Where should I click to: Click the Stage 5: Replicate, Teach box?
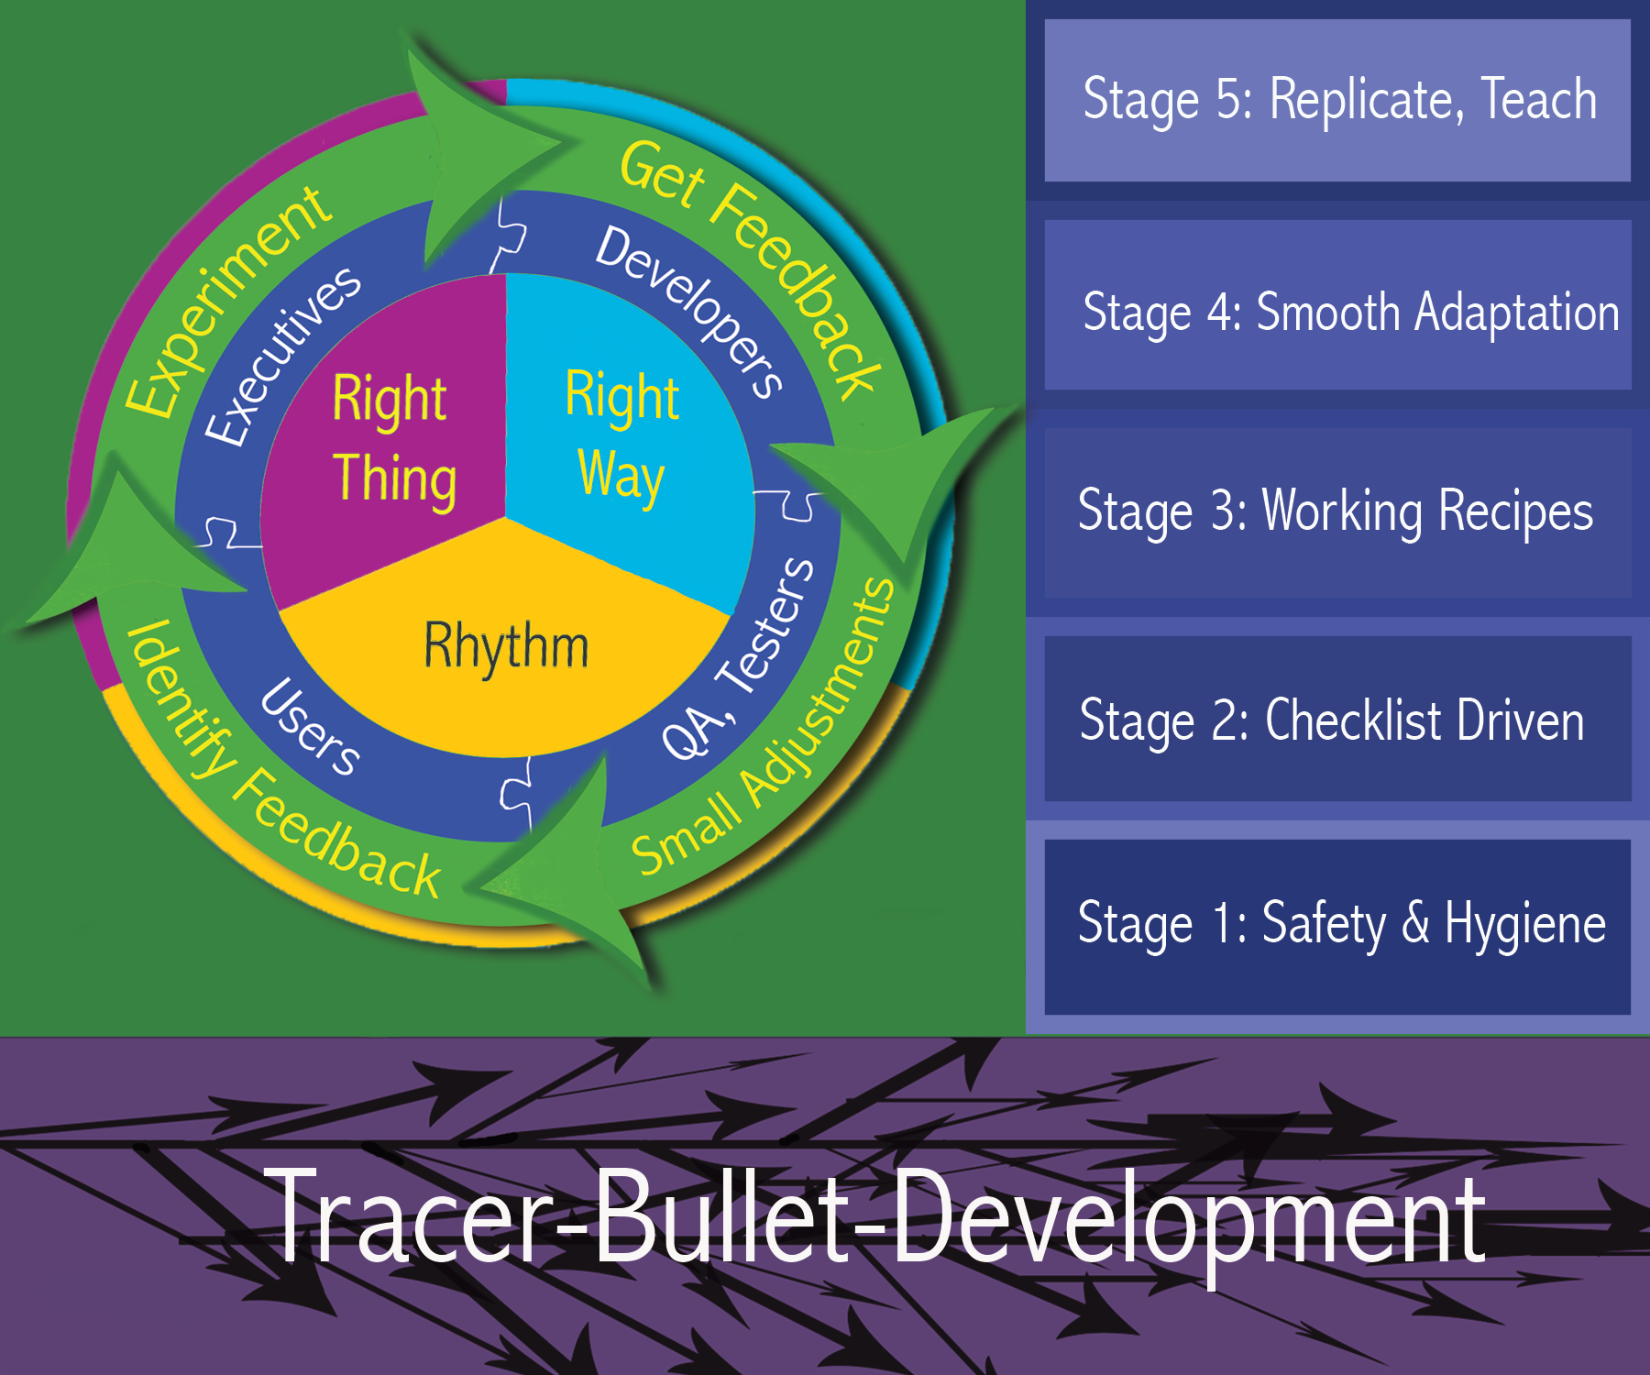1337,100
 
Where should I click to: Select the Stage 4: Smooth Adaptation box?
1337,305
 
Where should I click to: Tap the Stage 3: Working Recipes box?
1337,513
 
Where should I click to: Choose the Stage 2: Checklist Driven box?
1337,719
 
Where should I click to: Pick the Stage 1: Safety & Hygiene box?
1337,927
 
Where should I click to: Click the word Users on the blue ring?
310,727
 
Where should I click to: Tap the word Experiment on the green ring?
227,301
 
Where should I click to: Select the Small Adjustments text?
764,726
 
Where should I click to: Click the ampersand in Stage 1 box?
1415,922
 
